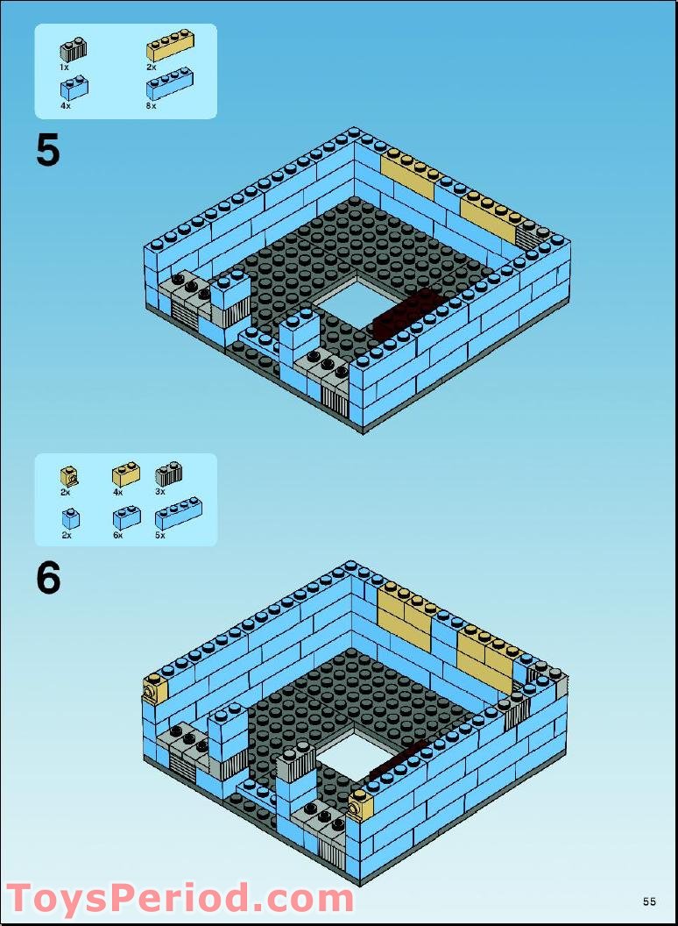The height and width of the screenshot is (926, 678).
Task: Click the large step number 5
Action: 48,151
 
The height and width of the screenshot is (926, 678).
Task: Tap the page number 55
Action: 649,901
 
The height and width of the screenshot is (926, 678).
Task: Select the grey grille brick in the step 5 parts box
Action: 73,49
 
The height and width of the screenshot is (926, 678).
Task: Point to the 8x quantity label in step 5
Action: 151,105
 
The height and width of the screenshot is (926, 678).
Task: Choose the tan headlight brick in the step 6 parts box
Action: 68,476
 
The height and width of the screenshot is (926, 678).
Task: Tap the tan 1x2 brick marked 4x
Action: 125,474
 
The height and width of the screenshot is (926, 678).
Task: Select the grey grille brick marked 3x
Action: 168,474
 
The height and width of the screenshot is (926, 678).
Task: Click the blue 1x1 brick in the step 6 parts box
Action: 70,518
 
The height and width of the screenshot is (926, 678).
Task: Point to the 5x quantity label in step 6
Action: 159,535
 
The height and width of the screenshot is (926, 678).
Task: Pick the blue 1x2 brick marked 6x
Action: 125,517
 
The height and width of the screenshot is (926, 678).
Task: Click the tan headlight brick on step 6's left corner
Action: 155,689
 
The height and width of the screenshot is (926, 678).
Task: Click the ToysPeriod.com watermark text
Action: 180,899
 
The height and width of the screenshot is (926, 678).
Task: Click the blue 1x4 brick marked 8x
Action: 170,85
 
